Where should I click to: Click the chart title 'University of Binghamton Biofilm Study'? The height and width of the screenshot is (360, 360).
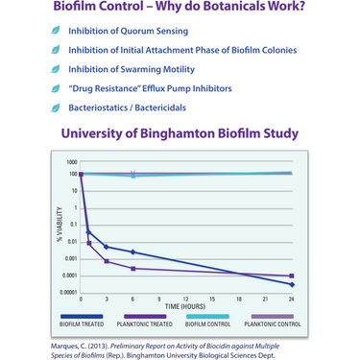[180, 133]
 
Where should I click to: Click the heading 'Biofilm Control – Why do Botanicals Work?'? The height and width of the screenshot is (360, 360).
[180, 10]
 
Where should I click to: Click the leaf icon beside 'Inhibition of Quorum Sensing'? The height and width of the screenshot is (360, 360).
[56, 31]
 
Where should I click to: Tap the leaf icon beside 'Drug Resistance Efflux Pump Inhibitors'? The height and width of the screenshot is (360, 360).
[56, 88]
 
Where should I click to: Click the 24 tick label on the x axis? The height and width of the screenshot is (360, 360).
[291, 300]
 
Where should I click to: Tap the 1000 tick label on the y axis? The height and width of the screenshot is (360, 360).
[72, 162]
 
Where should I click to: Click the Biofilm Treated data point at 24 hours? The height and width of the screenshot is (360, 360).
[291, 284]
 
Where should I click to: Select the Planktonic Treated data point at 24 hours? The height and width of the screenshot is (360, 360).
[291, 276]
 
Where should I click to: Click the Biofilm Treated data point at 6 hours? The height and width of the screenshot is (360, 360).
[132, 252]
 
